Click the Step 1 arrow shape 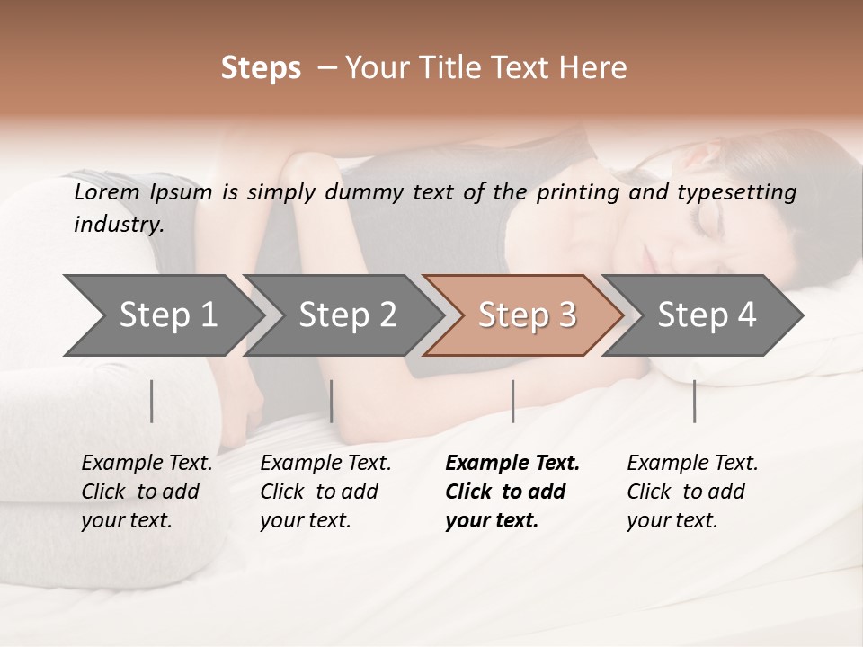tap(162, 315)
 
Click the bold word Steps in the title tap(261, 68)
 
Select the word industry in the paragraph tap(119, 225)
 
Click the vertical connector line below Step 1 tap(152, 401)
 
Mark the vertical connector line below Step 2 tap(332, 401)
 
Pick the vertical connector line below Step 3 tap(512, 401)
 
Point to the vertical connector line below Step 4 tap(694, 401)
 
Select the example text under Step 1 tap(146, 492)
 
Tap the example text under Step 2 tap(325, 492)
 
